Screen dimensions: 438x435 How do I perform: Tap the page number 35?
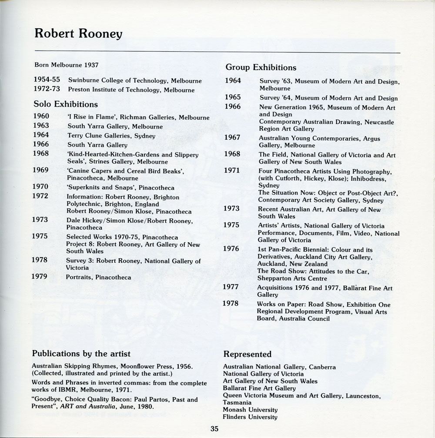[214, 428]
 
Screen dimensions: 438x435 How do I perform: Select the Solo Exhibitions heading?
[66, 104]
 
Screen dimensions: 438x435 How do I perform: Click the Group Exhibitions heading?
[261, 67]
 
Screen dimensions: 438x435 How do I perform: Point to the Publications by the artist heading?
[81, 353]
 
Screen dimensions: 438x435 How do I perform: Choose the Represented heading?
[247, 354]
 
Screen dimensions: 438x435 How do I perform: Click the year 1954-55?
[47, 80]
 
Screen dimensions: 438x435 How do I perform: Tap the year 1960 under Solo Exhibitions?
[41, 117]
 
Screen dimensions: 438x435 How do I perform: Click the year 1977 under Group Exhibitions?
[231, 287]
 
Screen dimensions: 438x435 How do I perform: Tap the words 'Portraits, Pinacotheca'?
[98, 277]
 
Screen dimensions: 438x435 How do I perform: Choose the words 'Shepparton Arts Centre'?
[291, 278]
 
